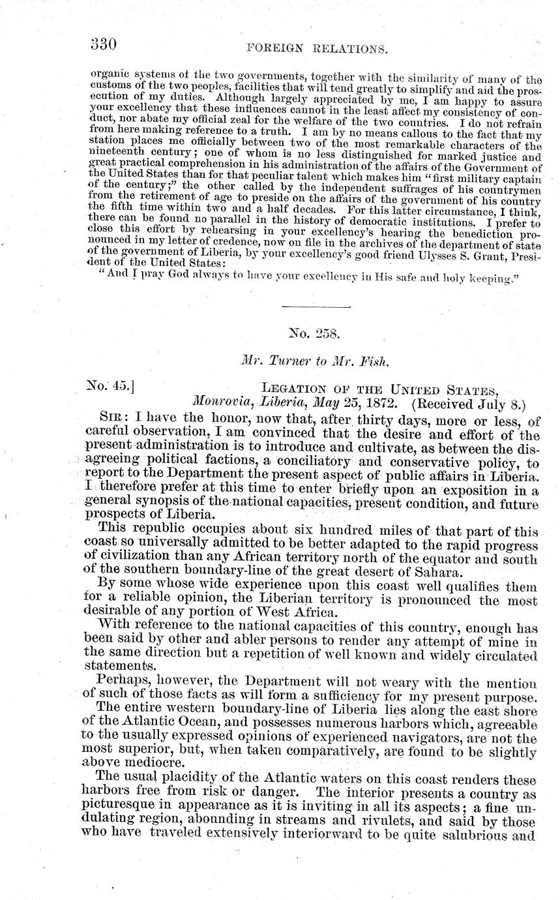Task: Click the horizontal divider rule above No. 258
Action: pos(316,307)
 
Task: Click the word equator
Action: pos(460,560)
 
